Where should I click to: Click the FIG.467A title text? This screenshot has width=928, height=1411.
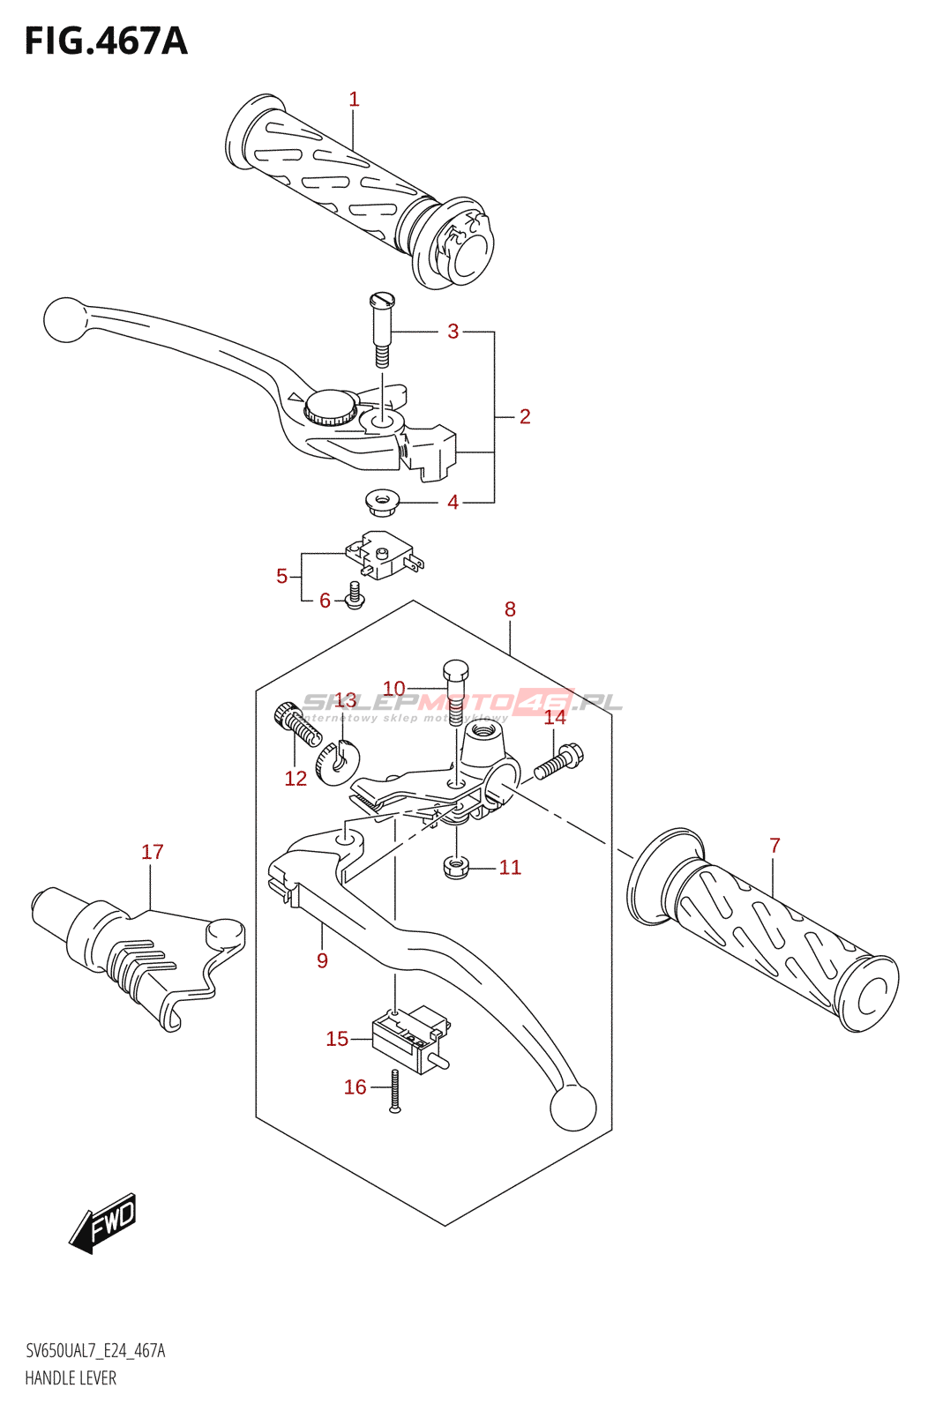[106, 41]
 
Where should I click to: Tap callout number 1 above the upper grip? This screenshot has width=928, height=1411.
[354, 99]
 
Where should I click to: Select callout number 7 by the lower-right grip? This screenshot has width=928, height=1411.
[775, 846]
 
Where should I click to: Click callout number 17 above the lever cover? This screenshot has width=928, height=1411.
[153, 852]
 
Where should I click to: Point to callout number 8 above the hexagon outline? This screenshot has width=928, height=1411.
[510, 609]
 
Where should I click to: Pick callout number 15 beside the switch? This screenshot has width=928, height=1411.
[337, 1039]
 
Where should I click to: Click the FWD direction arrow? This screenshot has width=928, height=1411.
[104, 1222]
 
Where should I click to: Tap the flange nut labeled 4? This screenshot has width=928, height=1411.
[380, 504]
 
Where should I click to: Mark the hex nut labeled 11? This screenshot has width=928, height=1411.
[454, 867]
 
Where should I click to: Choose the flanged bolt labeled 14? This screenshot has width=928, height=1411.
[558, 761]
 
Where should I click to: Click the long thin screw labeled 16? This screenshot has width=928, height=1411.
[395, 1091]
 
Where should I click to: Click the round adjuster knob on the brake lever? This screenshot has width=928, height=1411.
[331, 407]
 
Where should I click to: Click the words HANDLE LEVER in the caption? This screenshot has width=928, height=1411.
[71, 1377]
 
